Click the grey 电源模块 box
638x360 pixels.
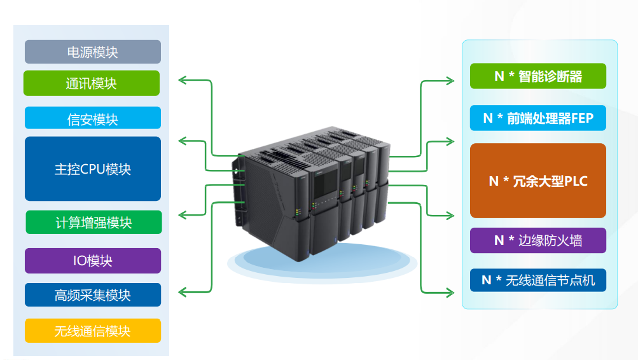tap(93, 52)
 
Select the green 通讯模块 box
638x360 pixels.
tap(92, 83)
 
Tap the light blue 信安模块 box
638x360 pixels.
tap(93, 118)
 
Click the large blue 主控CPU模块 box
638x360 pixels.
tap(93, 169)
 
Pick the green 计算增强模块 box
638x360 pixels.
tap(93, 223)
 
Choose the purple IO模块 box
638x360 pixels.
tap(93, 261)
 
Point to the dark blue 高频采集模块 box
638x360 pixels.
tap(93, 295)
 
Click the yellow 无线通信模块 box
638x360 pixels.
tap(93, 331)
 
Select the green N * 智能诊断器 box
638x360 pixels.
tap(537, 76)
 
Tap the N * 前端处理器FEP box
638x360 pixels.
tap(537, 118)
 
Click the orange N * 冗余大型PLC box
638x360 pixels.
tap(537, 181)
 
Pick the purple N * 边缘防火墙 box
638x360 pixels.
tap(537, 240)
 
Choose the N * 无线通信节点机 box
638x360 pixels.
tap(537, 280)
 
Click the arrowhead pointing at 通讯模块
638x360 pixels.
tap(182, 80)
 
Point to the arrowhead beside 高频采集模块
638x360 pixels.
tap(182, 292)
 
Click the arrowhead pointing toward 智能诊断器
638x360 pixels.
tap(450, 81)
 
